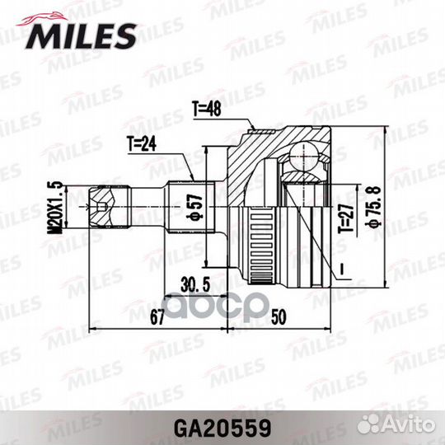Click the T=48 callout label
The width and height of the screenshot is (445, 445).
(207, 109)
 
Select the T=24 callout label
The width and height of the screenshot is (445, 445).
(142, 144)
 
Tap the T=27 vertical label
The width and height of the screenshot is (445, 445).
(346, 218)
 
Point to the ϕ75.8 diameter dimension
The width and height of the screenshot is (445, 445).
(374, 206)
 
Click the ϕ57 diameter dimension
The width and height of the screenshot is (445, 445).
(194, 208)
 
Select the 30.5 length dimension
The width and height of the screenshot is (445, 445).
(195, 284)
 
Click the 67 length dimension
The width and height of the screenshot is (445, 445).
(157, 316)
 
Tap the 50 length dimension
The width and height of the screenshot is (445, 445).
(279, 316)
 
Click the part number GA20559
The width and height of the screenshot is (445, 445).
(222, 429)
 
